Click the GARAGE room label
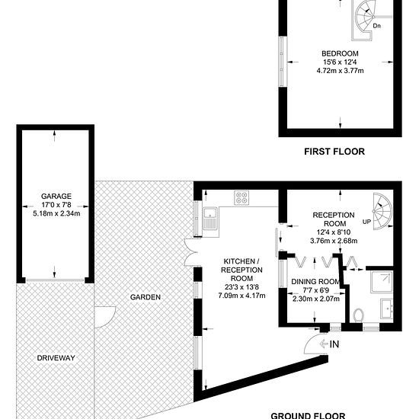[x=56, y=197]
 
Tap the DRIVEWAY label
[x=56, y=358]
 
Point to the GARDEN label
[x=146, y=297]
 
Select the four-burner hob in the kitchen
[x=241, y=198]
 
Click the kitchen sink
[x=210, y=219]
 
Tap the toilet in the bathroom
[x=358, y=315]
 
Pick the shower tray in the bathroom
[x=382, y=282]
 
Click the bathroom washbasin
[x=387, y=309]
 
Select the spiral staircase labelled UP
[x=382, y=211]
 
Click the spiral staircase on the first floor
[x=363, y=19]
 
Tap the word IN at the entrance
[x=334, y=344]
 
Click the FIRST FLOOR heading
[x=334, y=152]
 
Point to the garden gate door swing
[x=105, y=317]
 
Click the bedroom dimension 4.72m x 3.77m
[x=340, y=71]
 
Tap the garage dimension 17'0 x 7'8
[x=56, y=205]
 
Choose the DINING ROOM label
[x=315, y=282]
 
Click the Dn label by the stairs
[x=376, y=26]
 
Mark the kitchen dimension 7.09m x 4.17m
[x=241, y=296]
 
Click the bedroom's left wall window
[x=282, y=62]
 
